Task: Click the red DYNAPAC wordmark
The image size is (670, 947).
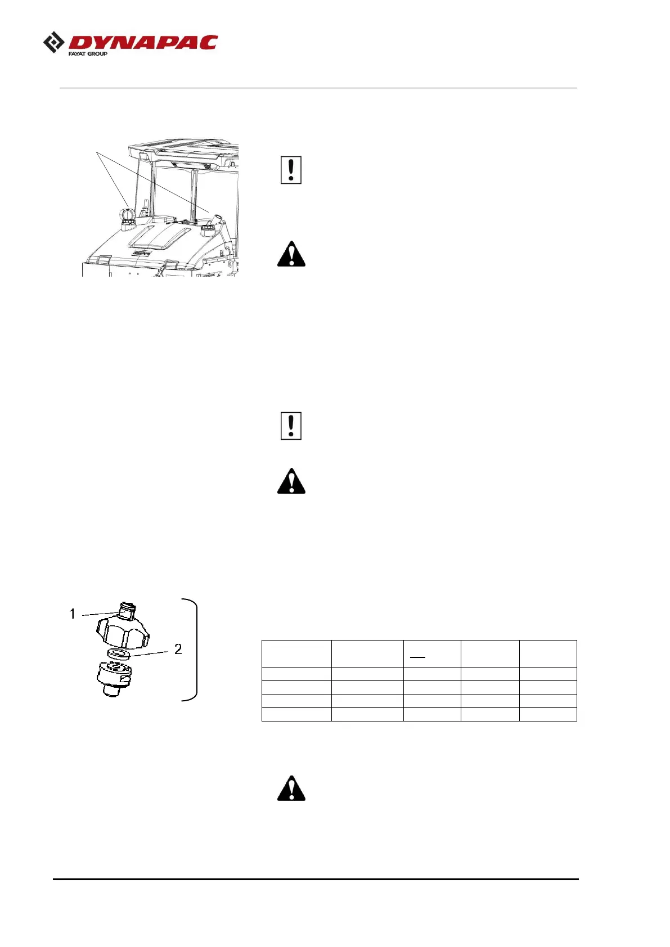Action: pos(143,43)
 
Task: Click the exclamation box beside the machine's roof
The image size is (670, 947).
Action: pos(291,170)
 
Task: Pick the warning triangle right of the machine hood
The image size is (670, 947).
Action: pos(291,254)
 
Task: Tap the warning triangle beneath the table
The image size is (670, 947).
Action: pos(291,788)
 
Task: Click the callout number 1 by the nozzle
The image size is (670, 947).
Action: pos(72,614)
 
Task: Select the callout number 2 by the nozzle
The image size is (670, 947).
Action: pos(178,649)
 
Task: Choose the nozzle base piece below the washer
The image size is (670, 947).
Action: pos(115,677)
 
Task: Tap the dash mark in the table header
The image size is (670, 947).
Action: pos(417,656)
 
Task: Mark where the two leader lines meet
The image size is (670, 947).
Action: pos(97,152)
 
